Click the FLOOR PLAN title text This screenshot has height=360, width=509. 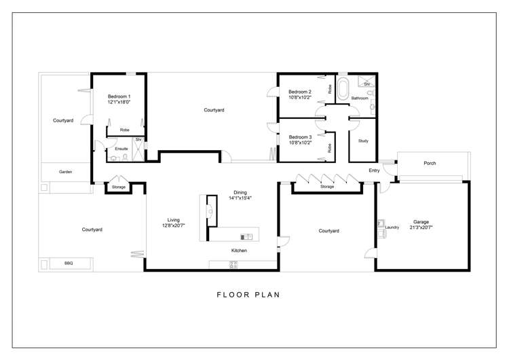(248, 295)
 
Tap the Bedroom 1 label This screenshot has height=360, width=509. (119, 96)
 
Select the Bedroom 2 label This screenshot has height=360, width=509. (299, 92)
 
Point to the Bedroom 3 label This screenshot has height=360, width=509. (299, 137)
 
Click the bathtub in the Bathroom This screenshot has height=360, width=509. (343, 88)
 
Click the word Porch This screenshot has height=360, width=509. (430, 163)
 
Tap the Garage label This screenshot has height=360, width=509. (422, 221)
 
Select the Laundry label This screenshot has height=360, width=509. (392, 227)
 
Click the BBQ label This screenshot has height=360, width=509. (69, 263)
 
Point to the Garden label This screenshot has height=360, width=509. (65, 172)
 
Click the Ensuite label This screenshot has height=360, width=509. (121, 148)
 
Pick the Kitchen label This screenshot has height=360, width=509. (239, 251)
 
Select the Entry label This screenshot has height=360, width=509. (374, 170)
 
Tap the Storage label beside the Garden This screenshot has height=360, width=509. (119, 187)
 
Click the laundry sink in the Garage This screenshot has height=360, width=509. (381, 223)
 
